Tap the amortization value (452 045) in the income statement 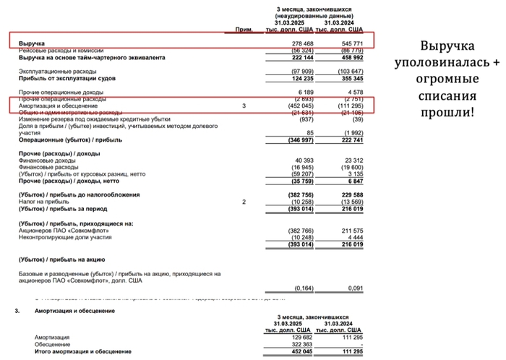tap(299, 106)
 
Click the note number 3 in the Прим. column tap(244, 106)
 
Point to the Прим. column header tap(244, 29)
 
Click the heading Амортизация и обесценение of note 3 tap(74, 310)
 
